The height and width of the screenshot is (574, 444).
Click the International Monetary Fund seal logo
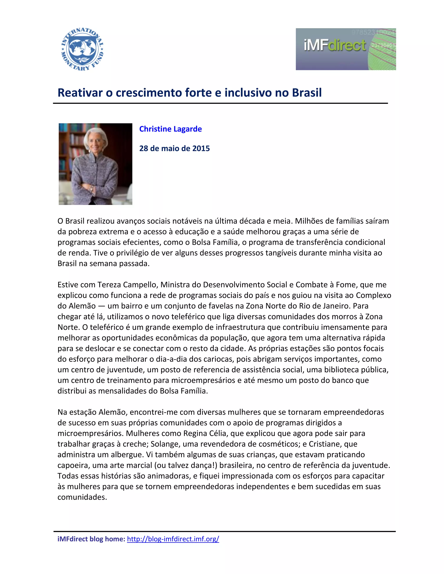click(x=82, y=49)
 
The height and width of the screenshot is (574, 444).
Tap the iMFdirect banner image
click(x=346, y=49)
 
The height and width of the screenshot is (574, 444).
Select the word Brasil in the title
click(x=307, y=92)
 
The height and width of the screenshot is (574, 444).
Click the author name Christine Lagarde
click(x=170, y=129)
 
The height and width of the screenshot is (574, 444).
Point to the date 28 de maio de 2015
click(x=174, y=149)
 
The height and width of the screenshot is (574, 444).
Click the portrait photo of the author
click(x=95, y=164)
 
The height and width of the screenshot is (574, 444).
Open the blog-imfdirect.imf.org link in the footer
click(x=173, y=539)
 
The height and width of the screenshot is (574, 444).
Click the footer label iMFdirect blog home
click(x=91, y=539)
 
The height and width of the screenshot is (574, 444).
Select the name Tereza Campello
click(x=127, y=285)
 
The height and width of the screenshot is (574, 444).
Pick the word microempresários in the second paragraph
click(x=203, y=380)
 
